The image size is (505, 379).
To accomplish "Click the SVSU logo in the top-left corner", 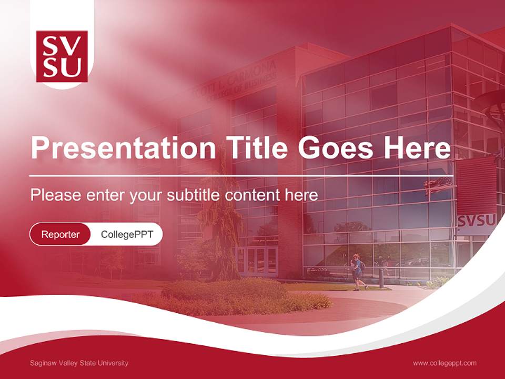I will pyautogui.click(x=62, y=56).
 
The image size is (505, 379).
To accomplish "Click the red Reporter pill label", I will pyautogui.click(x=60, y=234).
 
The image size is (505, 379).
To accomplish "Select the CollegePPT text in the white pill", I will pyautogui.click(x=127, y=234).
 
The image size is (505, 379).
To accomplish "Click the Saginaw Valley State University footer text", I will pyautogui.click(x=79, y=363).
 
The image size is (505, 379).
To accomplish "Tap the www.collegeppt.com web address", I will pyautogui.click(x=445, y=363).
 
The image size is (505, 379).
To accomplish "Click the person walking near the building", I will pyautogui.click(x=358, y=272).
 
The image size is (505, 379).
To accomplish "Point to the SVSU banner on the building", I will pyautogui.click(x=476, y=222).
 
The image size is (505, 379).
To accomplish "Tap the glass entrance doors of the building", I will pyautogui.click(x=257, y=261).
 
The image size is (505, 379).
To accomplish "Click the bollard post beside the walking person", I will pyautogui.click(x=381, y=278).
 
